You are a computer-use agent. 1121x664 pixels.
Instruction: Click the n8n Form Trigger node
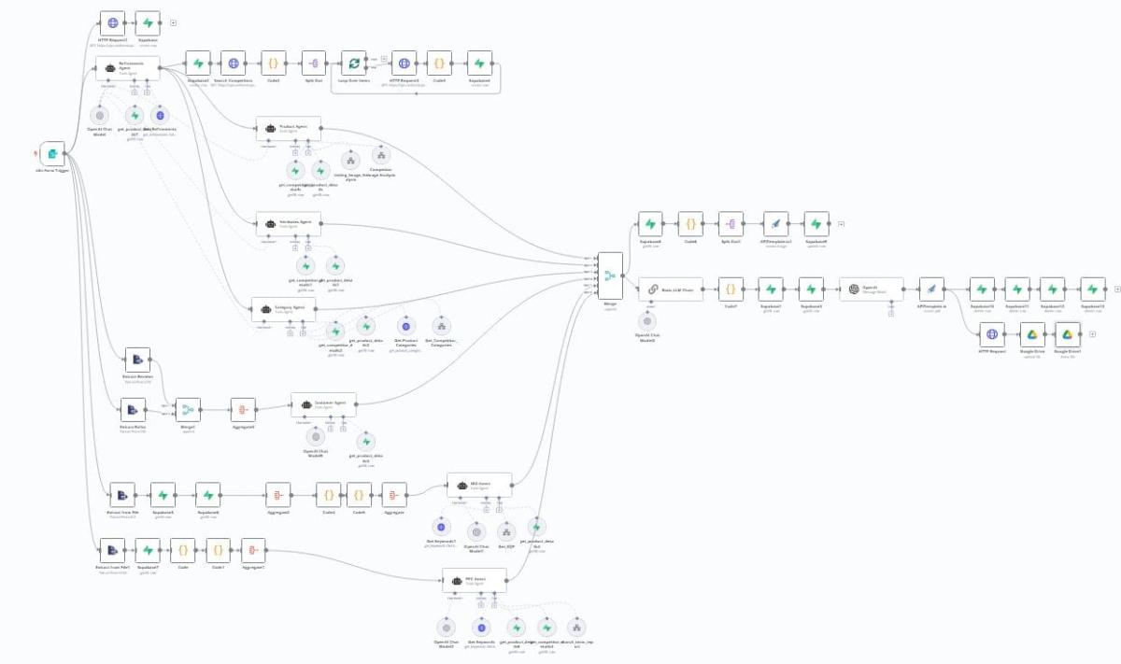pos(53,154)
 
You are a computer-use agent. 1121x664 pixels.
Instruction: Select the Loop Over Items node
pos(353,64)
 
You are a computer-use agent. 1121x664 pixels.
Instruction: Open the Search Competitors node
pos(233,64)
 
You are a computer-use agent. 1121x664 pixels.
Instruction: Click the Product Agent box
pos(289,129)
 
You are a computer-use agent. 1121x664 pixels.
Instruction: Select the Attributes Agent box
pos(289,223)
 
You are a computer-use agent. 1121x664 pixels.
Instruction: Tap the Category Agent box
pos(283,309)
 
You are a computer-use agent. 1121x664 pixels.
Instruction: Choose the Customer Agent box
pos(322,405)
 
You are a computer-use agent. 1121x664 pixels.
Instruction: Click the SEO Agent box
pos(479,486)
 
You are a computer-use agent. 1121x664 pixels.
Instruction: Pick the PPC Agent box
pos(474,581)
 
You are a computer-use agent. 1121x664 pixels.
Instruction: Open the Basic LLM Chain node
pos(671,290)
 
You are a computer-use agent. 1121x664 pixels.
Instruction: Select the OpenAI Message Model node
pos(871,290)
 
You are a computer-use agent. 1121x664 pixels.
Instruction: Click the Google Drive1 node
pos(1067,334)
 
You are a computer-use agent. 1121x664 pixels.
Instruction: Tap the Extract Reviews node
pos(137,360)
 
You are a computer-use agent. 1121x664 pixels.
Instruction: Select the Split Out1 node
pos(731,224)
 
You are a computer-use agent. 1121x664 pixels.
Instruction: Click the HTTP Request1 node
pos(113,23)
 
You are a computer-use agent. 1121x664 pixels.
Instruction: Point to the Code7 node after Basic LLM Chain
pos(731,290)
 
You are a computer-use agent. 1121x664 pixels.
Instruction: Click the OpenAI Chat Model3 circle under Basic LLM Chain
pos(646,321)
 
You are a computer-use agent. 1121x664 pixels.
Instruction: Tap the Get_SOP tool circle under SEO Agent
pos(506,530)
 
